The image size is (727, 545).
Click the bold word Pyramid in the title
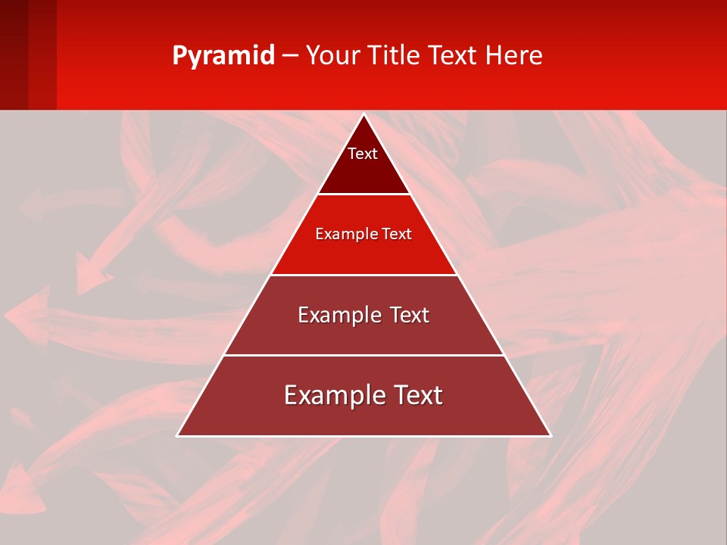(x=223, y=55)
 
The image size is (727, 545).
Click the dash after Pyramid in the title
(x=289, y=56)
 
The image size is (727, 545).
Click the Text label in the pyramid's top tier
(x=363, y=154)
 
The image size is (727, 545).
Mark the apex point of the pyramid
(x=364, y=115)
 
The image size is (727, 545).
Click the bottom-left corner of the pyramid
(x=178, y=435)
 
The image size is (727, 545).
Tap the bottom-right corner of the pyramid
(x=550, y=435)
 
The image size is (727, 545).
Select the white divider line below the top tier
(x=364, y=194)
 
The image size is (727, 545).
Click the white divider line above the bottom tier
(x=364, y=355)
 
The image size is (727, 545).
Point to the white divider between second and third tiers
(x=364, y=275)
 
